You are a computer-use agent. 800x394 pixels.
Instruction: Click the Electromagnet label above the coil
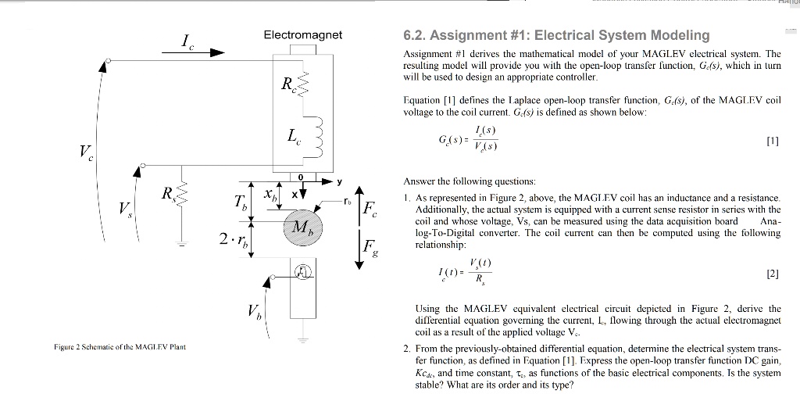302,35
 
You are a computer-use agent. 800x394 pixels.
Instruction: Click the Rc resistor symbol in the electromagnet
305,81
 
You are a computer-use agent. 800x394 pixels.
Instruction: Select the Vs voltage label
126,209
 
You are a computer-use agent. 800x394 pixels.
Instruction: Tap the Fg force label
373,250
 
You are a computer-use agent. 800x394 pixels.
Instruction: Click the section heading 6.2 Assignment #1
555,35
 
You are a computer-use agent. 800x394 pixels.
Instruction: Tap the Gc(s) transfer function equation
469,138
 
